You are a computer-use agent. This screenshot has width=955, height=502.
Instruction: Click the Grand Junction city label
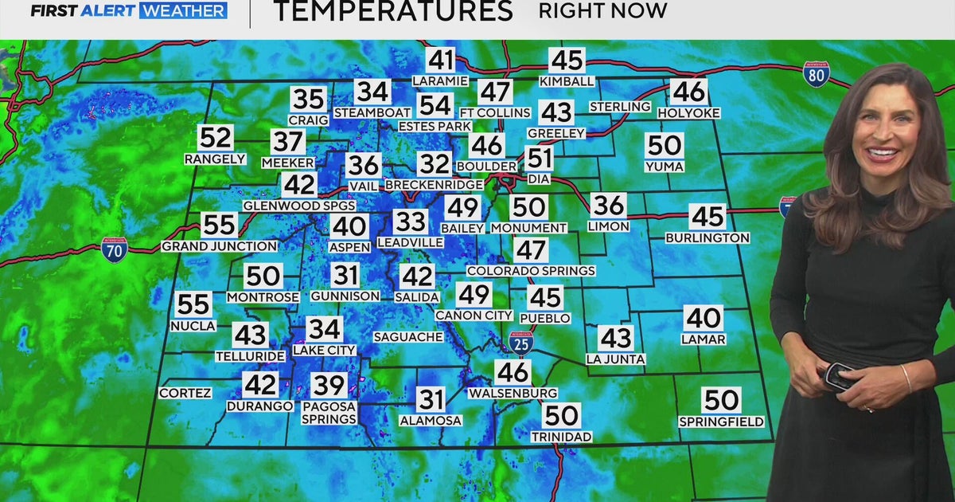219,246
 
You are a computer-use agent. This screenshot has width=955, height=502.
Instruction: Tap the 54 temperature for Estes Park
435,105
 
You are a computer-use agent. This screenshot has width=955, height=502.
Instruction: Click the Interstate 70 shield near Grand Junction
115,250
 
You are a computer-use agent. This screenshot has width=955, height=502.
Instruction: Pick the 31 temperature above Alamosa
431,399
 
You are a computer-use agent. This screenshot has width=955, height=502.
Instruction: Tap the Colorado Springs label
531,271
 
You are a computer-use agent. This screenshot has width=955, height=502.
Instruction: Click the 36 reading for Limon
608,206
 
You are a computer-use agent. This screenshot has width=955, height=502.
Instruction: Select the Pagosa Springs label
329,412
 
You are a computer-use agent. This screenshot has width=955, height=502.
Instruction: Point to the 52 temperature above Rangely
215,138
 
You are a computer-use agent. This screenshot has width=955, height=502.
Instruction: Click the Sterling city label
620,107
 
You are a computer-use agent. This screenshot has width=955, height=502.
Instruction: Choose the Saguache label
408,337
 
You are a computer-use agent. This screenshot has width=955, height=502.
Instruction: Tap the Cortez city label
185,393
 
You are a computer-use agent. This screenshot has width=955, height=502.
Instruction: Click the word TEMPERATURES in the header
392,11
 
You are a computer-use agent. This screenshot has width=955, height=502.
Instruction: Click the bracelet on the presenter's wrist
906,378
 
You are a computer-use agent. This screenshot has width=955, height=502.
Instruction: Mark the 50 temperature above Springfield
721,399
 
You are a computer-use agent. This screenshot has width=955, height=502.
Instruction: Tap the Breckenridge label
434,185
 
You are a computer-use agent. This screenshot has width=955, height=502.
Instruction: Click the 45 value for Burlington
707,216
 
